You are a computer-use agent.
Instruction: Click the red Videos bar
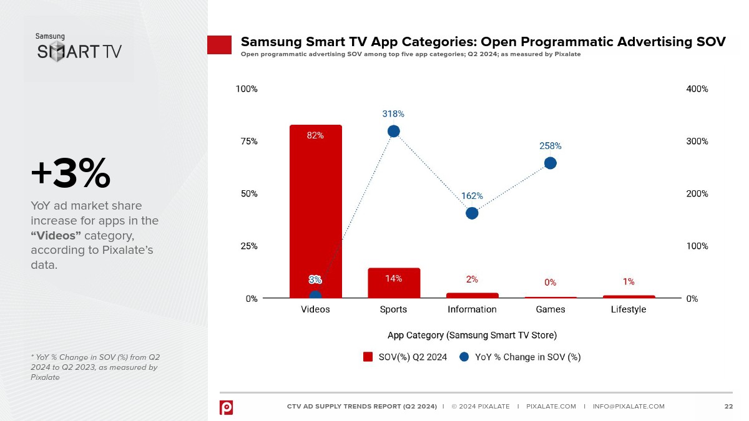(315, 212)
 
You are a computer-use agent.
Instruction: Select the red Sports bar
(393, 283)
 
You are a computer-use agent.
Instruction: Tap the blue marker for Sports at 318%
(393, 131)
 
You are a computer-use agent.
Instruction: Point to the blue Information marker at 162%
(472, 213)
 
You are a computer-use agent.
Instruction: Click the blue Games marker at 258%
(550, 163)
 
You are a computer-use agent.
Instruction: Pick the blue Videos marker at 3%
(315, 296)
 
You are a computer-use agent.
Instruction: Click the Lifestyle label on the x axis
(628, 309)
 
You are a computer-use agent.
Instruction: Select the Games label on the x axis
(550, 309)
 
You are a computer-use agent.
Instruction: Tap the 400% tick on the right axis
(697, 89)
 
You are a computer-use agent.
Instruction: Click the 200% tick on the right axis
(697, 194)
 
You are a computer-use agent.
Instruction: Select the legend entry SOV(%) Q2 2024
(405, 357)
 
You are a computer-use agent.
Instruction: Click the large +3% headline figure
(71, 173)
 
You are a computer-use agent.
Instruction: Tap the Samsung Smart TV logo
(79, 48)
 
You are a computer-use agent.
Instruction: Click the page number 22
(728, 407)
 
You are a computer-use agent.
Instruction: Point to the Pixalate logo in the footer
(226, 407)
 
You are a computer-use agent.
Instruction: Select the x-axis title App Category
(472, 335)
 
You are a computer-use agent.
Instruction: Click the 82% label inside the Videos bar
(315, 135)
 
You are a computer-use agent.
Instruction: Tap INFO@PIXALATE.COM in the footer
(629, 407)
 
